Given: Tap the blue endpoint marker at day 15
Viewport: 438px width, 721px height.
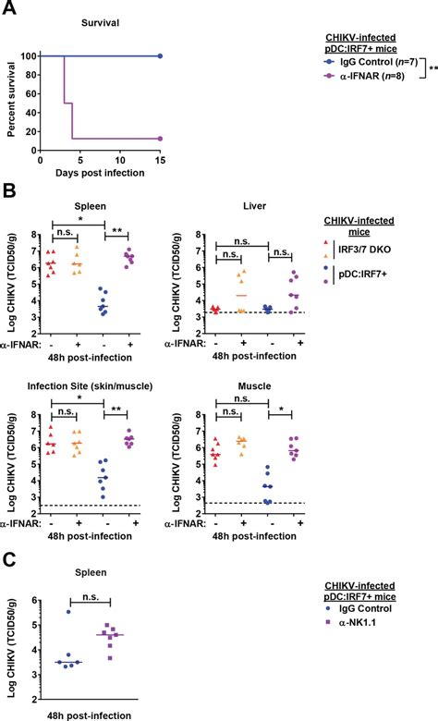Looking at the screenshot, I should coord(160,55).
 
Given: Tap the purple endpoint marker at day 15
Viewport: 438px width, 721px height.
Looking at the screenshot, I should coord(160,139).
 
